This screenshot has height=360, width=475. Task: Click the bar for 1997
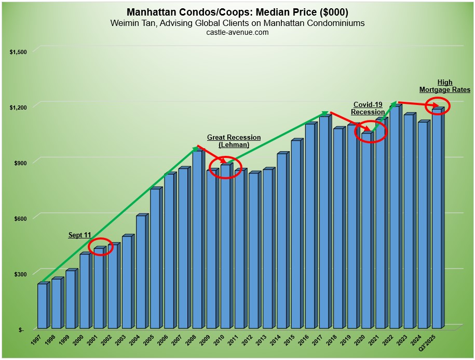[x=42, y=306]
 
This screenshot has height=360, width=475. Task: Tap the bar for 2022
[x=394, y=218]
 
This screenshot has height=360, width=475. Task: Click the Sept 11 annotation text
[x=80, y=235]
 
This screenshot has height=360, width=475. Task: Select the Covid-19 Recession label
[x=368, y=108]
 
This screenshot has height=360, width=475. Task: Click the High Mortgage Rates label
[x=444, y=86]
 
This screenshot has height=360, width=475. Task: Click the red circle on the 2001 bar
[x=100, y=246]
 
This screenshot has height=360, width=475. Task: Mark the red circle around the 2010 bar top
[x=226, y=167]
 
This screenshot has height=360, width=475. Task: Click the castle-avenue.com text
[x=237, y=32]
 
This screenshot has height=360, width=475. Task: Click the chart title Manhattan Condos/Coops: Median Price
[x=237, y=12]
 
